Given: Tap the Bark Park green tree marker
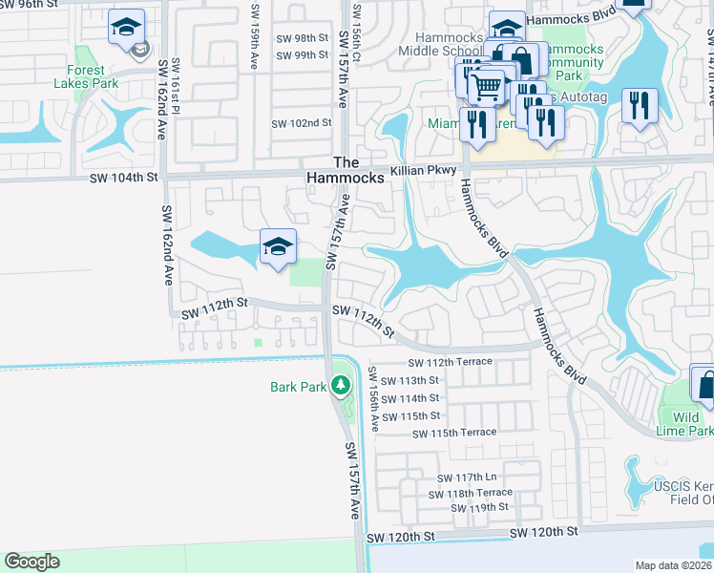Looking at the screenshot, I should point(340,387).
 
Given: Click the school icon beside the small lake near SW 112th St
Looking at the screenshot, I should point(278,247).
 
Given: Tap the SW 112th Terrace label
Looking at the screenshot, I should point(450,362).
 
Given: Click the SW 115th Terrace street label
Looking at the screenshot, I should point(454,433).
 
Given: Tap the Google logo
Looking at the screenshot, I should point(31,561).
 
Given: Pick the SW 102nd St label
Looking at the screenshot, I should point(302,123).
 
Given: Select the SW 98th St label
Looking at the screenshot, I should point(299,38).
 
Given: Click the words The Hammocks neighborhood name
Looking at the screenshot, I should point(346,170).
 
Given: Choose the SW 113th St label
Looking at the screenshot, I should point(409,380).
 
